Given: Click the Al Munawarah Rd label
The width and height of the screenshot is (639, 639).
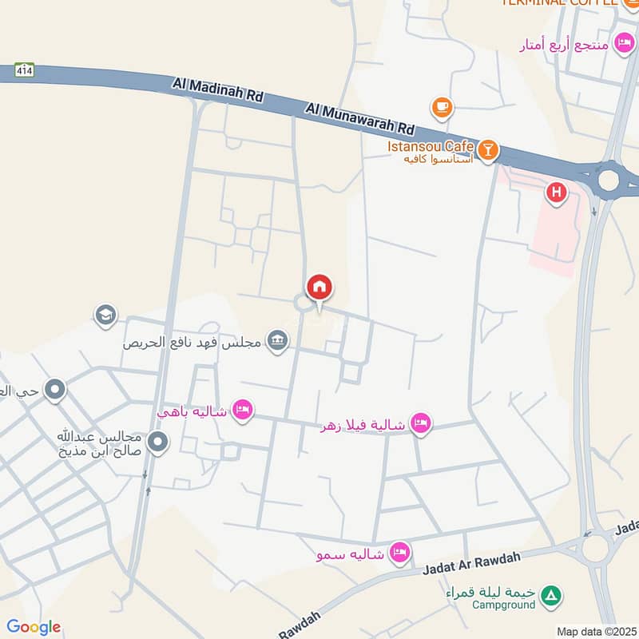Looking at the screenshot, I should click(361, 117).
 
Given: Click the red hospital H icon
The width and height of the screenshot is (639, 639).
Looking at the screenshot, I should click(556, 192).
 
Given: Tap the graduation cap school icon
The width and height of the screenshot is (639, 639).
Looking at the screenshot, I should click(105, 316).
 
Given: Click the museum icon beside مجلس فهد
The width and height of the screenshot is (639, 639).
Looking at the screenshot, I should click(277, 341).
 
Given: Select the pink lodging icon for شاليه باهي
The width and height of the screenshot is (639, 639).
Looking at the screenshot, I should click(244, 411).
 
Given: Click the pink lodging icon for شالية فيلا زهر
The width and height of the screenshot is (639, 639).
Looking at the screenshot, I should click(421, 423).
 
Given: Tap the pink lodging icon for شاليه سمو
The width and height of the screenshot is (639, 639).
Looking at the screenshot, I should click(399, 552).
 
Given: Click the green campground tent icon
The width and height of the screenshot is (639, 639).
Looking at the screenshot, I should click(550, 595).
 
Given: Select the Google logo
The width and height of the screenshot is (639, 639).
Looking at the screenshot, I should click(34, 627).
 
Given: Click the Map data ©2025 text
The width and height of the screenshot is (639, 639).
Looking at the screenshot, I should click(597, 631).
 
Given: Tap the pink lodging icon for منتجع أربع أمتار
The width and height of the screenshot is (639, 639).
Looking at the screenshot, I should click(623, 42).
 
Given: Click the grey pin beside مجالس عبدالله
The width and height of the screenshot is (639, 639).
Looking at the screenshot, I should click(158, 441).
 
